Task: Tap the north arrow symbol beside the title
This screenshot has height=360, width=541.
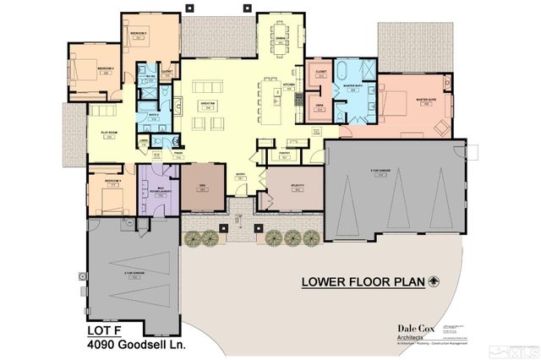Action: pyautogui.click(x=435, y=281)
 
